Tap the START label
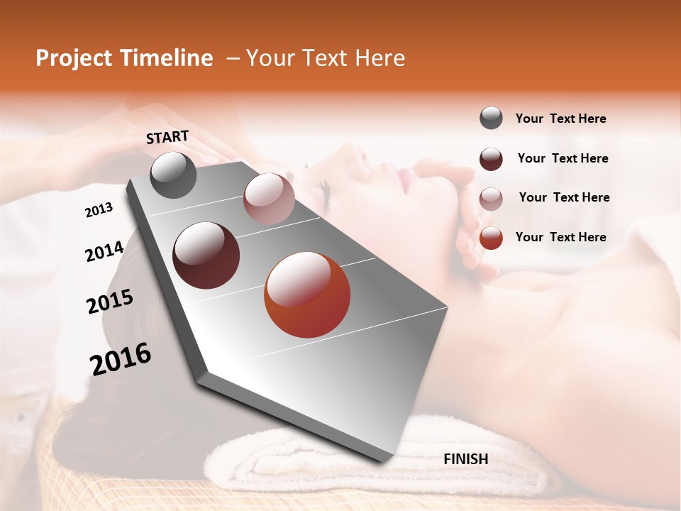[x=167, y=137]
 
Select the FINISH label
[x=466, y=459]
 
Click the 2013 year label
[x=99, y=210]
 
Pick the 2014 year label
[x=104, y=251]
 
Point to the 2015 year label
[x=110, y=302]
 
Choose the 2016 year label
[x=121, y=359]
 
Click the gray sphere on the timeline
[x=173, y=175]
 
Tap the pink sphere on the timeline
[x=269, y=199]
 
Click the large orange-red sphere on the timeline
[x=307, y=295]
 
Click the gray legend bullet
[x=491, y=119]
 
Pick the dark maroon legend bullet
[x=491, y=159]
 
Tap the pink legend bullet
[x=491, y=199]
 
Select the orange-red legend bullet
[x=491, y=238]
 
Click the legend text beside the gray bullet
[x=560, y=119]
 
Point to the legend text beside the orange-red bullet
[x=560, y=237]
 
